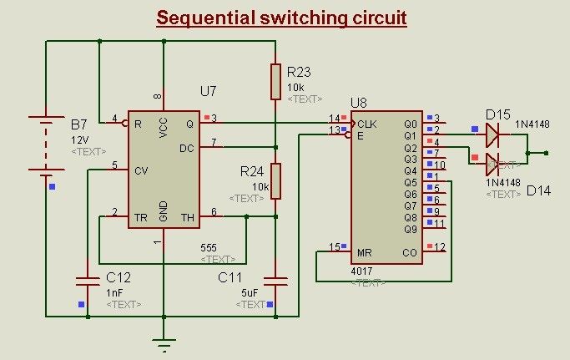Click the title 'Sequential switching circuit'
point(281,18)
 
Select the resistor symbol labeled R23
point(275,80)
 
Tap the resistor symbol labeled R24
point(275,180)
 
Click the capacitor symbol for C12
point(87,278)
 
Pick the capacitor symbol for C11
point(275,278)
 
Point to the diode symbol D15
point(493,132)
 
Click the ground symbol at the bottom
point(164,342)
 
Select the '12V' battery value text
point(80,139)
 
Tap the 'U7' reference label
point(209,89)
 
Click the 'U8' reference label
point(358,103)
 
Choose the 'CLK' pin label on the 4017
point(367,124)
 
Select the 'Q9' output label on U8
point(410,229)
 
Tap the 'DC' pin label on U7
point(187,148)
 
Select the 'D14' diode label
point(538,191)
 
